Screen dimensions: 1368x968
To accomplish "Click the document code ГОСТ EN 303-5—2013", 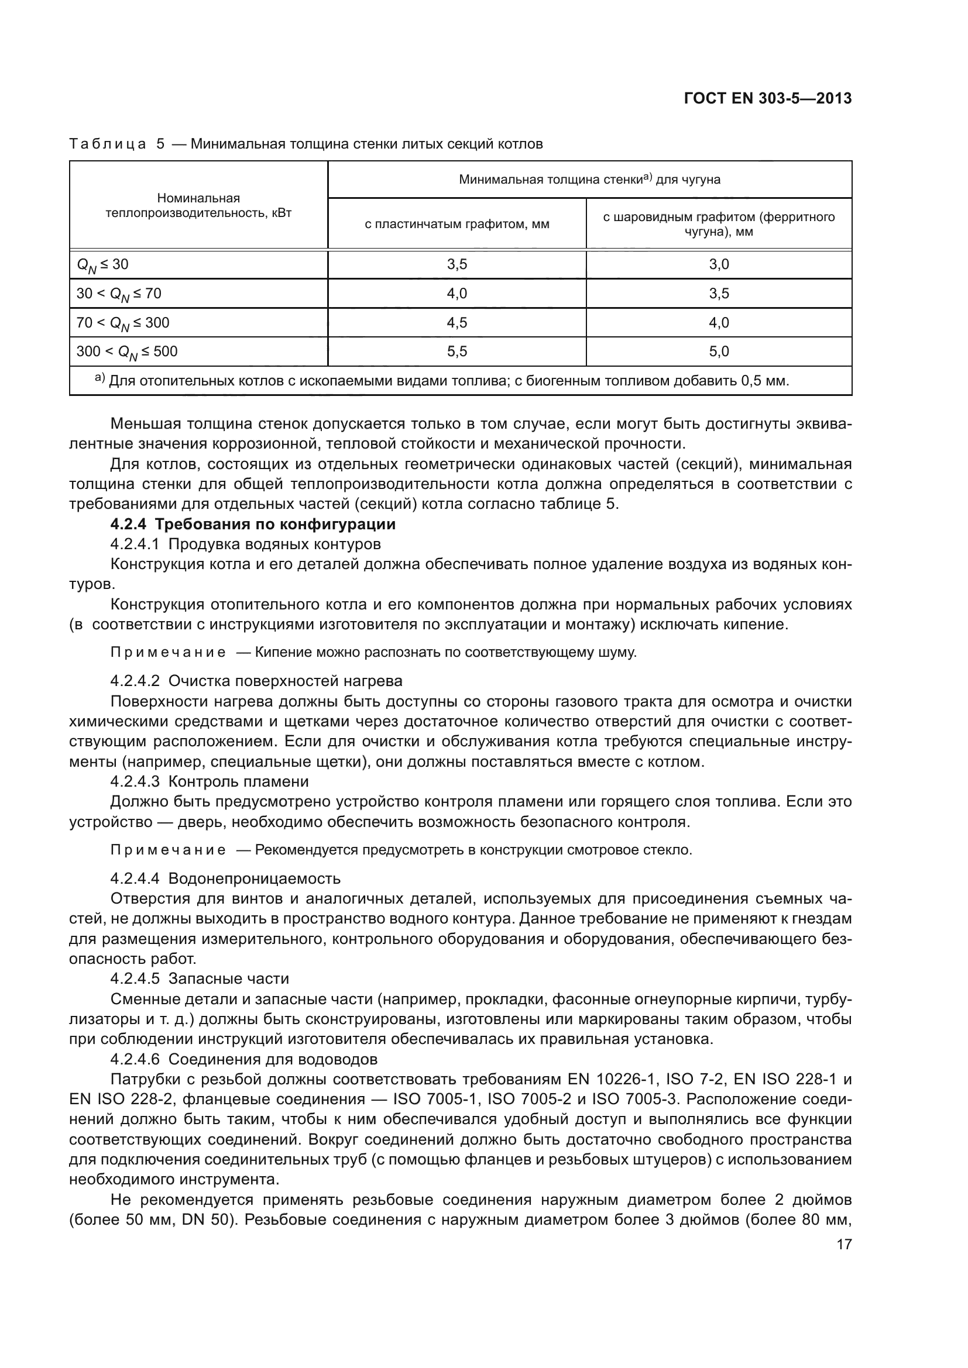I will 768,98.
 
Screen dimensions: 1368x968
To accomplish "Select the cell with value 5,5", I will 456,352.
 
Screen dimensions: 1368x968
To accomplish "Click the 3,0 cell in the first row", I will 718,264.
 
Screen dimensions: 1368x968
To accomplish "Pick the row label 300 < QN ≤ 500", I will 127,352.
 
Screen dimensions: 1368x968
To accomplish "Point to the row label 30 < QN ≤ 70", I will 119,293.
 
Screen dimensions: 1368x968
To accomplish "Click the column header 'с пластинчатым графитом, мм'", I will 456,224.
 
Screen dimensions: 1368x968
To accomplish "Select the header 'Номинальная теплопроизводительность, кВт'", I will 198,205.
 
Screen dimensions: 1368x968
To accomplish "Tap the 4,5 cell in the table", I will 456,322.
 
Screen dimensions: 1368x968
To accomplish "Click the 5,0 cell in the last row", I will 718,352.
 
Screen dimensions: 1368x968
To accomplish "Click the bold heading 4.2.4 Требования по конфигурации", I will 253,524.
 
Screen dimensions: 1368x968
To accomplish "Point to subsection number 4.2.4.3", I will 135,781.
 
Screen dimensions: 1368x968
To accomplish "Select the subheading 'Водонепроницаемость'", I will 255,878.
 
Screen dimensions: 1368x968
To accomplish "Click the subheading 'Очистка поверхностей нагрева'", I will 286,680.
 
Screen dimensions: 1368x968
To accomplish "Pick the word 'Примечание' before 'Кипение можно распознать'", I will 168,653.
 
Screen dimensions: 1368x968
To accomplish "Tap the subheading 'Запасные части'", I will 229,978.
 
